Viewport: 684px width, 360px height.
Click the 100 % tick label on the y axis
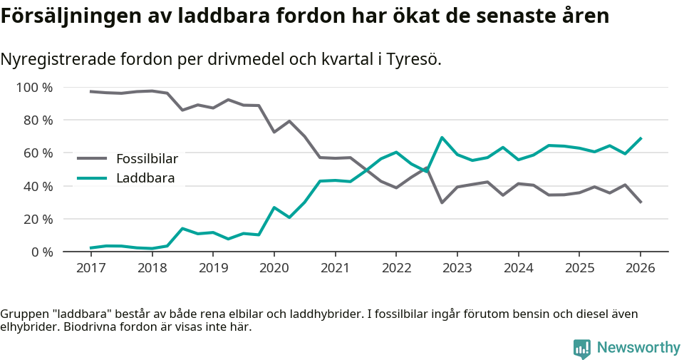click(x=34, y=88)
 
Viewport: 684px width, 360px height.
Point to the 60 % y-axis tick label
click(x=38, y=153)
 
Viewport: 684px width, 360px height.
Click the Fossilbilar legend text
click(x=147, y=158)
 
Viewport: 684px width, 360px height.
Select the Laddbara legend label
click(x=145, y=178)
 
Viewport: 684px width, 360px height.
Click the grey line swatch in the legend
click(x=92, y=158)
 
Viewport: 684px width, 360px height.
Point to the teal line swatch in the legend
click(x=92, y=178)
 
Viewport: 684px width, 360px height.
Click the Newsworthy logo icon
click(x=582, y=348)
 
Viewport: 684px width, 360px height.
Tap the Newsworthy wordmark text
click(x=638, y=348)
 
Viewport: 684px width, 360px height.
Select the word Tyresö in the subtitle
click(x=414, y=59)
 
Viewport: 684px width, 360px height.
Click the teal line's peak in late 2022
click(x=442, y=138)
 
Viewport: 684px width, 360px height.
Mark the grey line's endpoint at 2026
click(x=641, y=202)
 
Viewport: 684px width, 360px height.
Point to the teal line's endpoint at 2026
click(x=641, y=138)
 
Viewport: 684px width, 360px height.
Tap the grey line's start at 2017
click(x=90, y=91)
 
